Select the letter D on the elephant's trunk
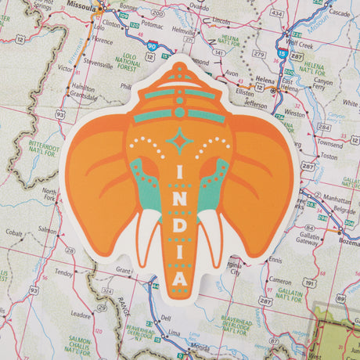[181, 227]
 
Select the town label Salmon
[47, 230]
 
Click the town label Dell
[165, 318]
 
